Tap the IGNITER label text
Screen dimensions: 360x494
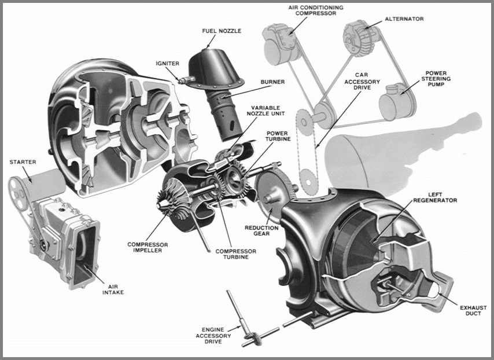pyautogui.click(x=168, y=63)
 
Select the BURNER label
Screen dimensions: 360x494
pyautogui.click(x=272, y=82)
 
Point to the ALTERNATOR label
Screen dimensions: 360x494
pyautogui.click(x=404, y=19)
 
